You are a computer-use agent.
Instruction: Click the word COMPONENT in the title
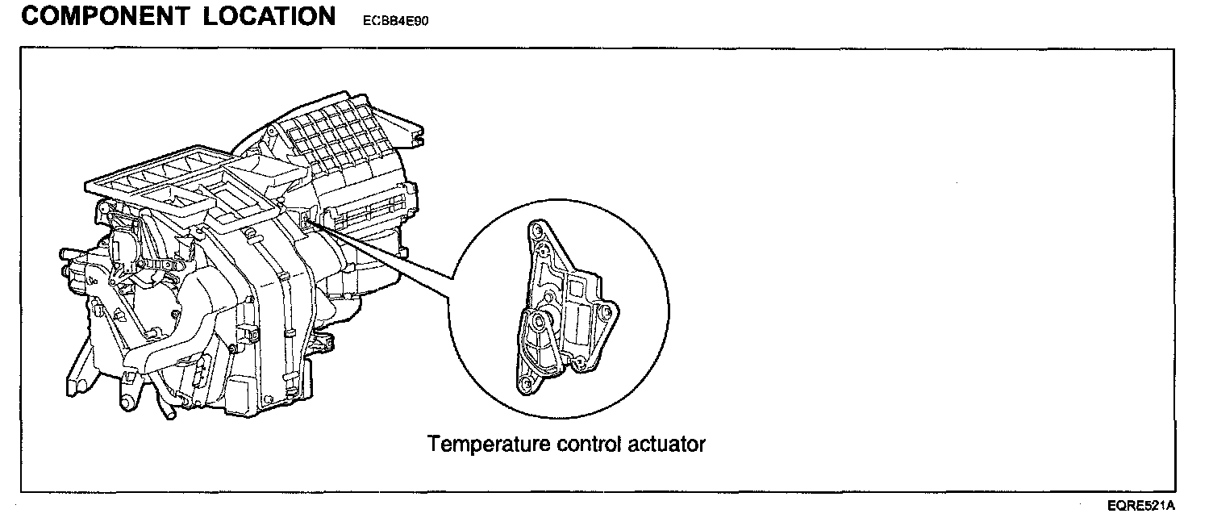(x=103, y=17)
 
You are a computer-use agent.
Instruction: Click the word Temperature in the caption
(x=487, y=444)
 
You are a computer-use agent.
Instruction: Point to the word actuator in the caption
(x=666, y=444)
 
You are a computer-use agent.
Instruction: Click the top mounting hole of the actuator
(x=534, y=234)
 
